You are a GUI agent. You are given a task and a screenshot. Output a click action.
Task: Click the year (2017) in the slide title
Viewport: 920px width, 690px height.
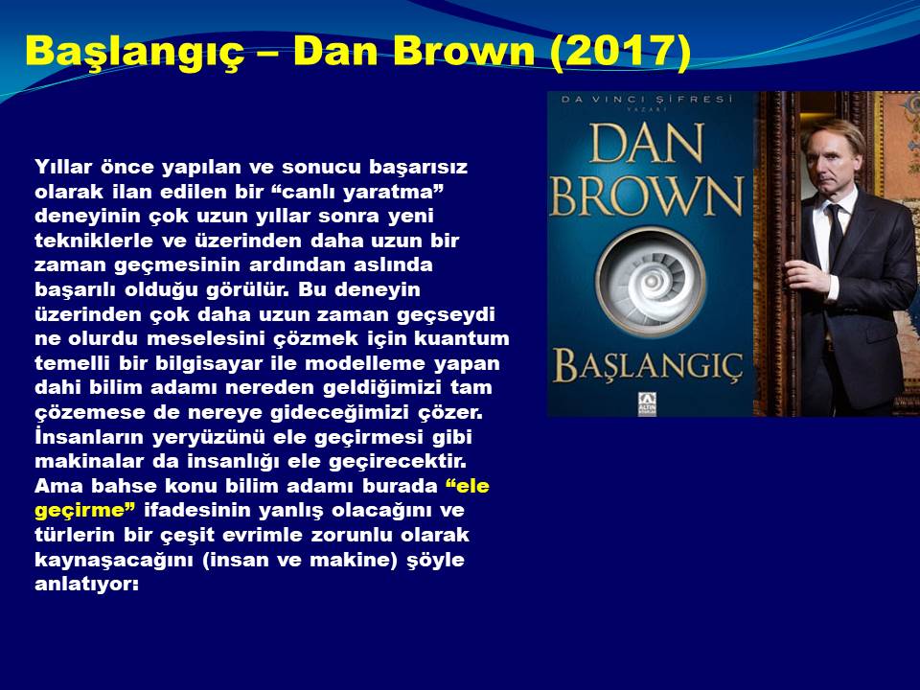pos(620,52)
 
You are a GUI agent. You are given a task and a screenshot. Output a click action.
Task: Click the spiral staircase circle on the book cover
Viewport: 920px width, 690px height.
pos(650,283)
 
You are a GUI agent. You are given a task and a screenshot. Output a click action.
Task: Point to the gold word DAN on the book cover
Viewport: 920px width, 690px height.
pos(648,143)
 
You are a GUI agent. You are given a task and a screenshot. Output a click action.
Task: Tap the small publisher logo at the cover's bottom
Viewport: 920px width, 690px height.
pos(647,404)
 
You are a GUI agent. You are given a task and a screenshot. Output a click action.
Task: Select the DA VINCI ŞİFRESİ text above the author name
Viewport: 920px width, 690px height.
pos(647,99)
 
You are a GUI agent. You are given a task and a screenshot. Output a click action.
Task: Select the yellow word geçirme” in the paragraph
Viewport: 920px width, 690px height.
pos(85,511)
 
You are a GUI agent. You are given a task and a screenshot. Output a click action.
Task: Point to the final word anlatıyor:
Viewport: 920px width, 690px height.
pos(87,585)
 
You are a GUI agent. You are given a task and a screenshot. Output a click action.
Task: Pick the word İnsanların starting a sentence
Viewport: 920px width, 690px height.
pos(89,437)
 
